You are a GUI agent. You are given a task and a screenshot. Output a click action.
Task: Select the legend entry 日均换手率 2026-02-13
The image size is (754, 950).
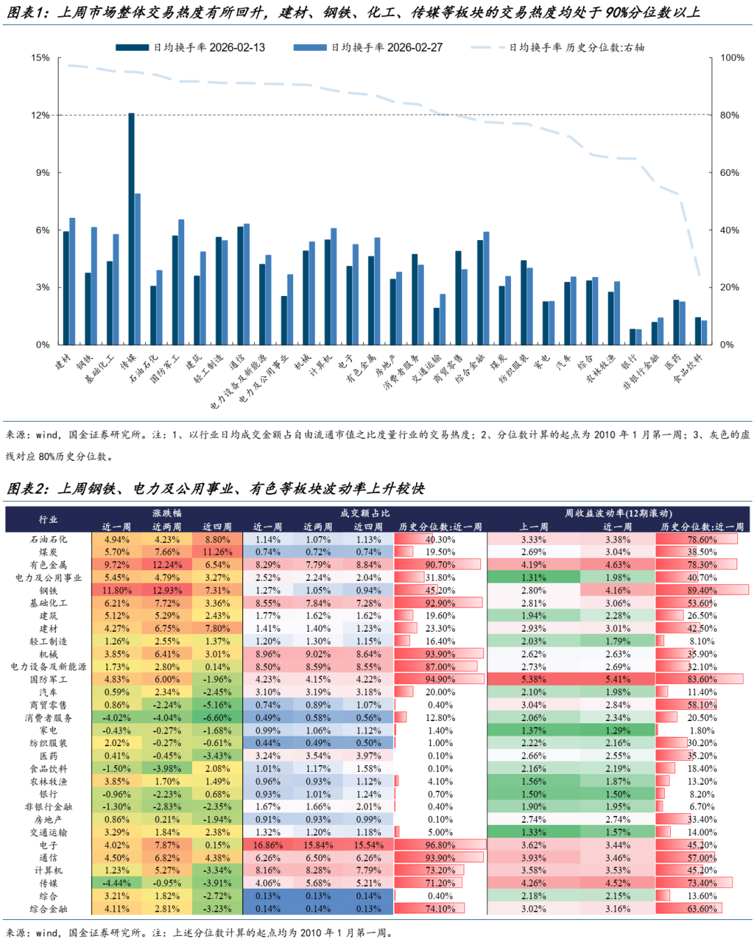click(x=191, y=47)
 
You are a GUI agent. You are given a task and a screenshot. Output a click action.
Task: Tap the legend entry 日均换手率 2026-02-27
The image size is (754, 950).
click(x=368, y=47)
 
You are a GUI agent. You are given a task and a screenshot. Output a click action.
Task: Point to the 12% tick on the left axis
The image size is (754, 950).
click(x=40, y=115)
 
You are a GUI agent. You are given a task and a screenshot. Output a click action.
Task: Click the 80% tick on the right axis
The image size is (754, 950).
click(x=730, y=115)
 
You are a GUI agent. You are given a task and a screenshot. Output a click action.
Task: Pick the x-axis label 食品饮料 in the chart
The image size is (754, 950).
click(x=688, y=369)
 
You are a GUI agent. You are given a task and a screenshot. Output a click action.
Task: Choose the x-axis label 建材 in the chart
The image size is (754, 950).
click(x=64, y=362)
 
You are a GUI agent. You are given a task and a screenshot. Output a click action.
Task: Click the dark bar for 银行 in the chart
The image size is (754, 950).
click(x=633, y=337)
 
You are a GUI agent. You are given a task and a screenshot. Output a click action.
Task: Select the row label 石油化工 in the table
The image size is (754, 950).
click(x=48, y=540)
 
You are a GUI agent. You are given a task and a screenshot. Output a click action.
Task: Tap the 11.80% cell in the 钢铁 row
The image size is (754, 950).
click(x=117, y=591)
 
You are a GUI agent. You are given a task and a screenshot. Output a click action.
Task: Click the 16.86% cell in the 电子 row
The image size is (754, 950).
click(x=267, y=845)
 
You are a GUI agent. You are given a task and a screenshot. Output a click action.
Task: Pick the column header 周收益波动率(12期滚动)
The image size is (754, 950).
click(x=618, y=514)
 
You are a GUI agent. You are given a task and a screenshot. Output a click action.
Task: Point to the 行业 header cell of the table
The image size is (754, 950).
click(x=48, y=520)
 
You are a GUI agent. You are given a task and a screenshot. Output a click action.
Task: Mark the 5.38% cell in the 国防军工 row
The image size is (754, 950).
click(x=533, y=679)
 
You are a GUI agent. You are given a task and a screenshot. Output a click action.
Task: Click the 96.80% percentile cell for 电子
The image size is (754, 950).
click(x=440, y=845)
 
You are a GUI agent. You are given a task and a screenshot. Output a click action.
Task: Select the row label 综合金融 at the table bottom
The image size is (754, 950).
click(x=48, y=909)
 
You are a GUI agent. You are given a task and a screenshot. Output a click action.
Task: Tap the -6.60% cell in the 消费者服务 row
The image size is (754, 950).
click(x=217, y=718)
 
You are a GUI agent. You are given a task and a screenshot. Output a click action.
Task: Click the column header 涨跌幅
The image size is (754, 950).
click(x=167, y=514)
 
